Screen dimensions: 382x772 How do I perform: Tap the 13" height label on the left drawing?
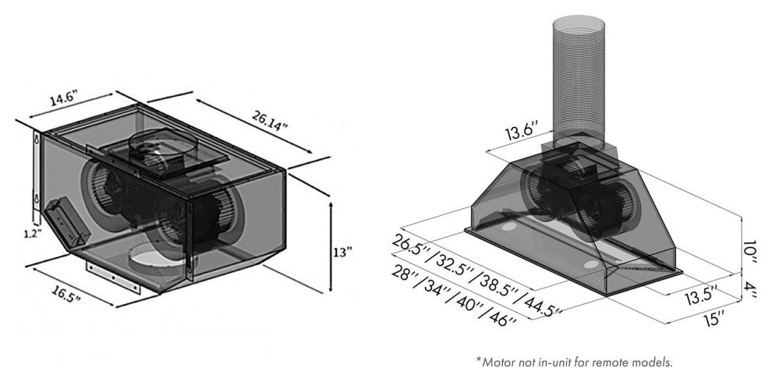point(342,252)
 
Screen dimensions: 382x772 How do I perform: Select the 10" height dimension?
point(750,252)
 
